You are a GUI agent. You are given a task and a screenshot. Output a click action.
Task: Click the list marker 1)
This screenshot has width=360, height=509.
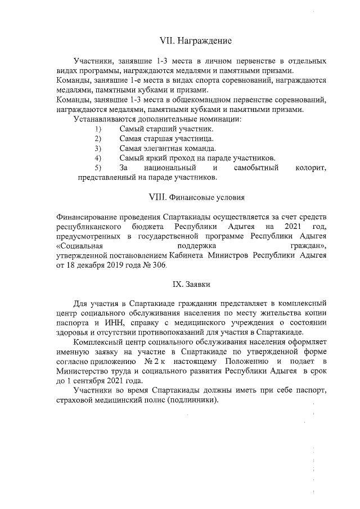tap(98, 129)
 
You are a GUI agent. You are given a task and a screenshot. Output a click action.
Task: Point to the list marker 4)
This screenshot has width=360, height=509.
tap(98, 157)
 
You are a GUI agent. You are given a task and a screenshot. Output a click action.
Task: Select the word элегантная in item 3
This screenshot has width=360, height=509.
tap(163, 148)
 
